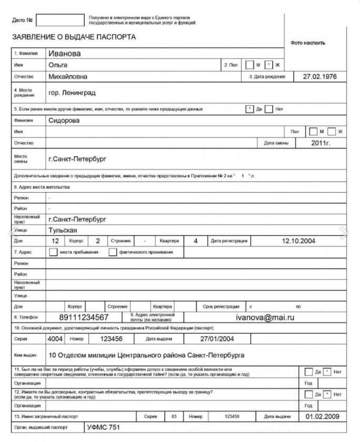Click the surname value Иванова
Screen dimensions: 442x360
[64, 53]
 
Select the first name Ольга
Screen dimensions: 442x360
[58, 65]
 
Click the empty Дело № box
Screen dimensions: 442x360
[60, 20]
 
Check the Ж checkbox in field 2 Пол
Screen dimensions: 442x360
[269, 65]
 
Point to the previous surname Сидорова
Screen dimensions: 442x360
[64, 120]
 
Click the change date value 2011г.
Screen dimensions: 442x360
[321, 143]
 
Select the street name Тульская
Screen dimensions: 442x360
[63, 230]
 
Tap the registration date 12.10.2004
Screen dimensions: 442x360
[298, 241]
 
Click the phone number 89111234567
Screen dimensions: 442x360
[84, 317]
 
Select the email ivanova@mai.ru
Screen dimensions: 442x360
[265, 317]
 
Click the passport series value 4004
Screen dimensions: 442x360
[55, 339]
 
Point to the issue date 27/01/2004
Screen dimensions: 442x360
[217, 339]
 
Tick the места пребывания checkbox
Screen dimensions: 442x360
[53, 252]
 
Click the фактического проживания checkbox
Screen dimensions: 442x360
[113, 252]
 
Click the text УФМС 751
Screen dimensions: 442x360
[104, 427]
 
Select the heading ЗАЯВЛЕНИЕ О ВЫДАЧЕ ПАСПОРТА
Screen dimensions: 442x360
[74, 37]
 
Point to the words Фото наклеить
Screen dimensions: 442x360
[308, 43]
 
